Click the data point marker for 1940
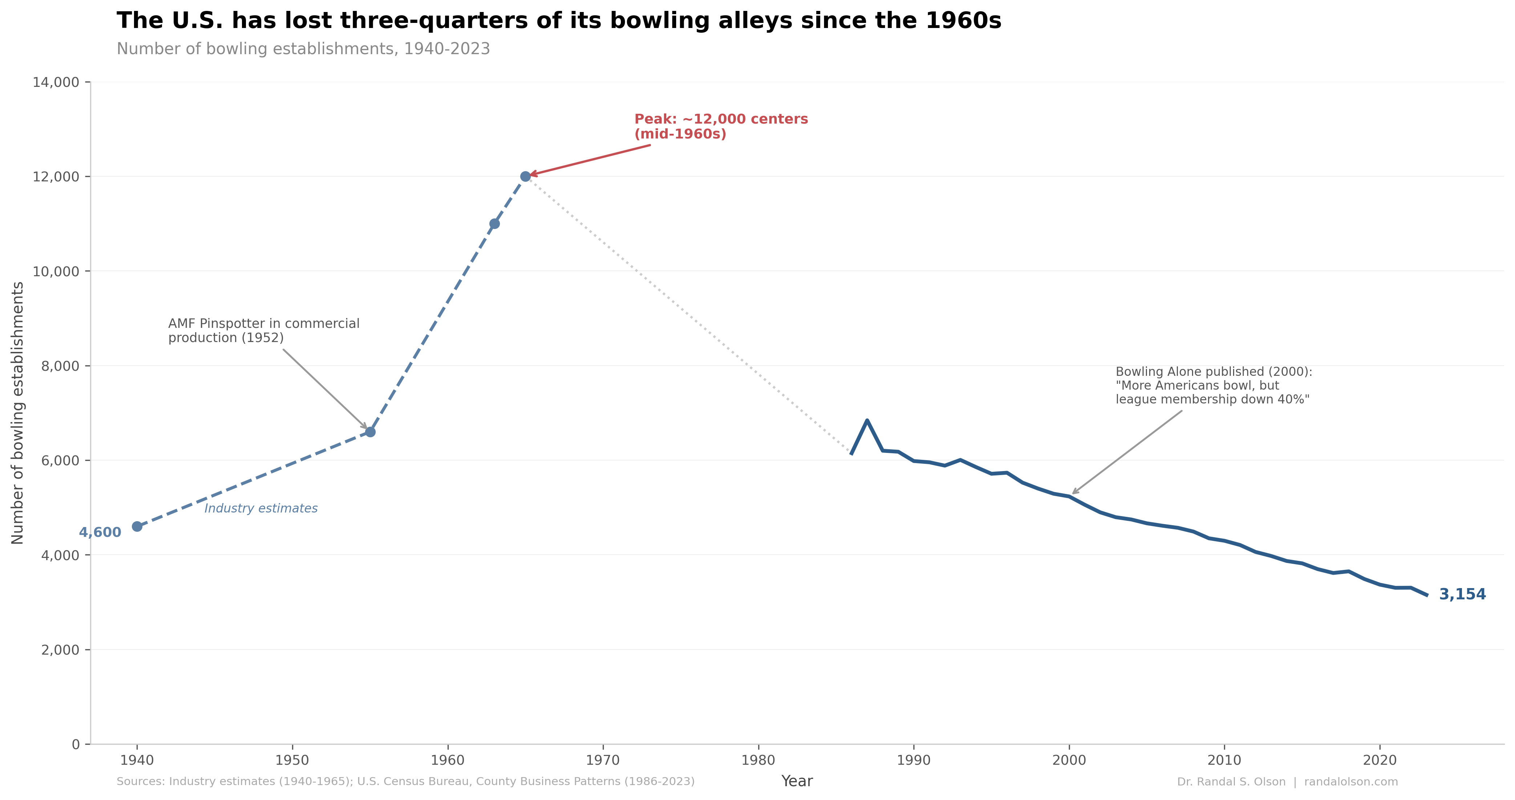137,526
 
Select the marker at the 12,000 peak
525,177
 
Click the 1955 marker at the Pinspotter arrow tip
370,432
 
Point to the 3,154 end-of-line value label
1462,594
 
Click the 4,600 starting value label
100,532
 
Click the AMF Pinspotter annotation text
263,331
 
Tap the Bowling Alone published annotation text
1213,385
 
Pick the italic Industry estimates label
260,508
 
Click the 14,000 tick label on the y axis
56,83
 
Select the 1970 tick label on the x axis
603,760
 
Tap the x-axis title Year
797,781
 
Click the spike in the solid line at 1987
867,421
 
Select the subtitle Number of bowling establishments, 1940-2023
303,49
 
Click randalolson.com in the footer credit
1351,782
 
